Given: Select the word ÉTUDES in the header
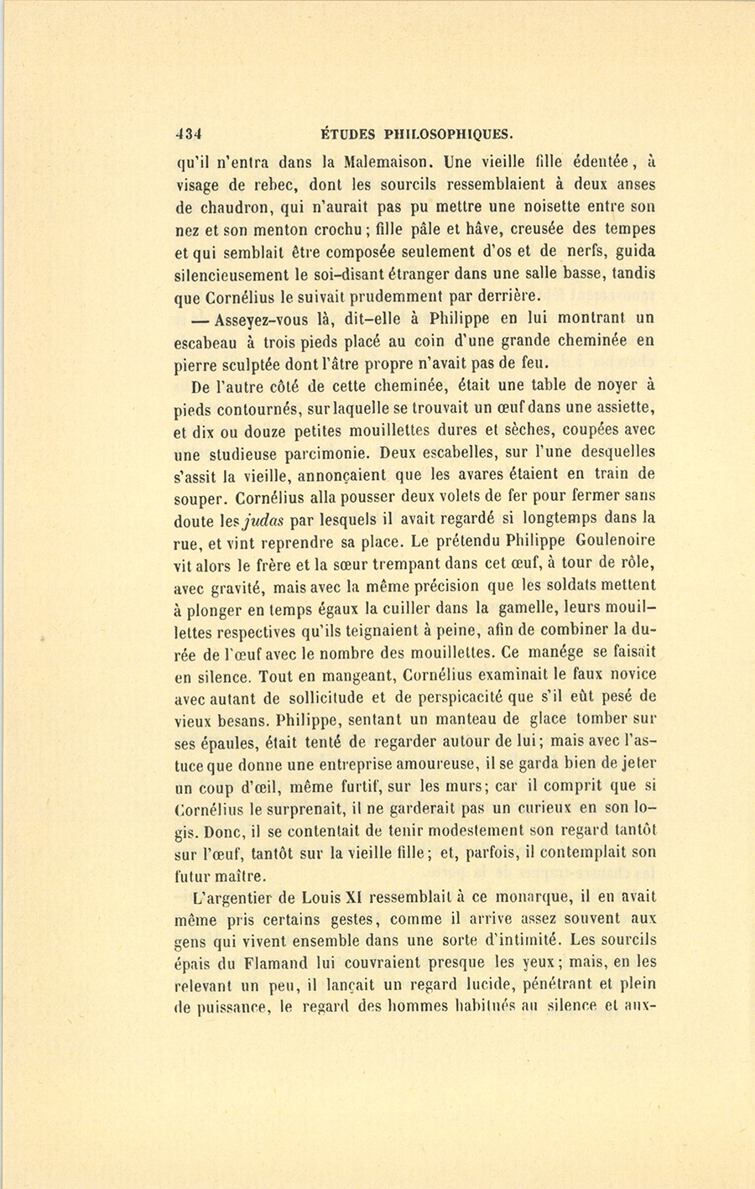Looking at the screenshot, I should click(346, 133).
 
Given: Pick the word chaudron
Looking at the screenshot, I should click(232, 206).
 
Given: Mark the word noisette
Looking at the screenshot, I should click(517, 206).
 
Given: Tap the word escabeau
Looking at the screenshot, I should click(211, 342).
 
